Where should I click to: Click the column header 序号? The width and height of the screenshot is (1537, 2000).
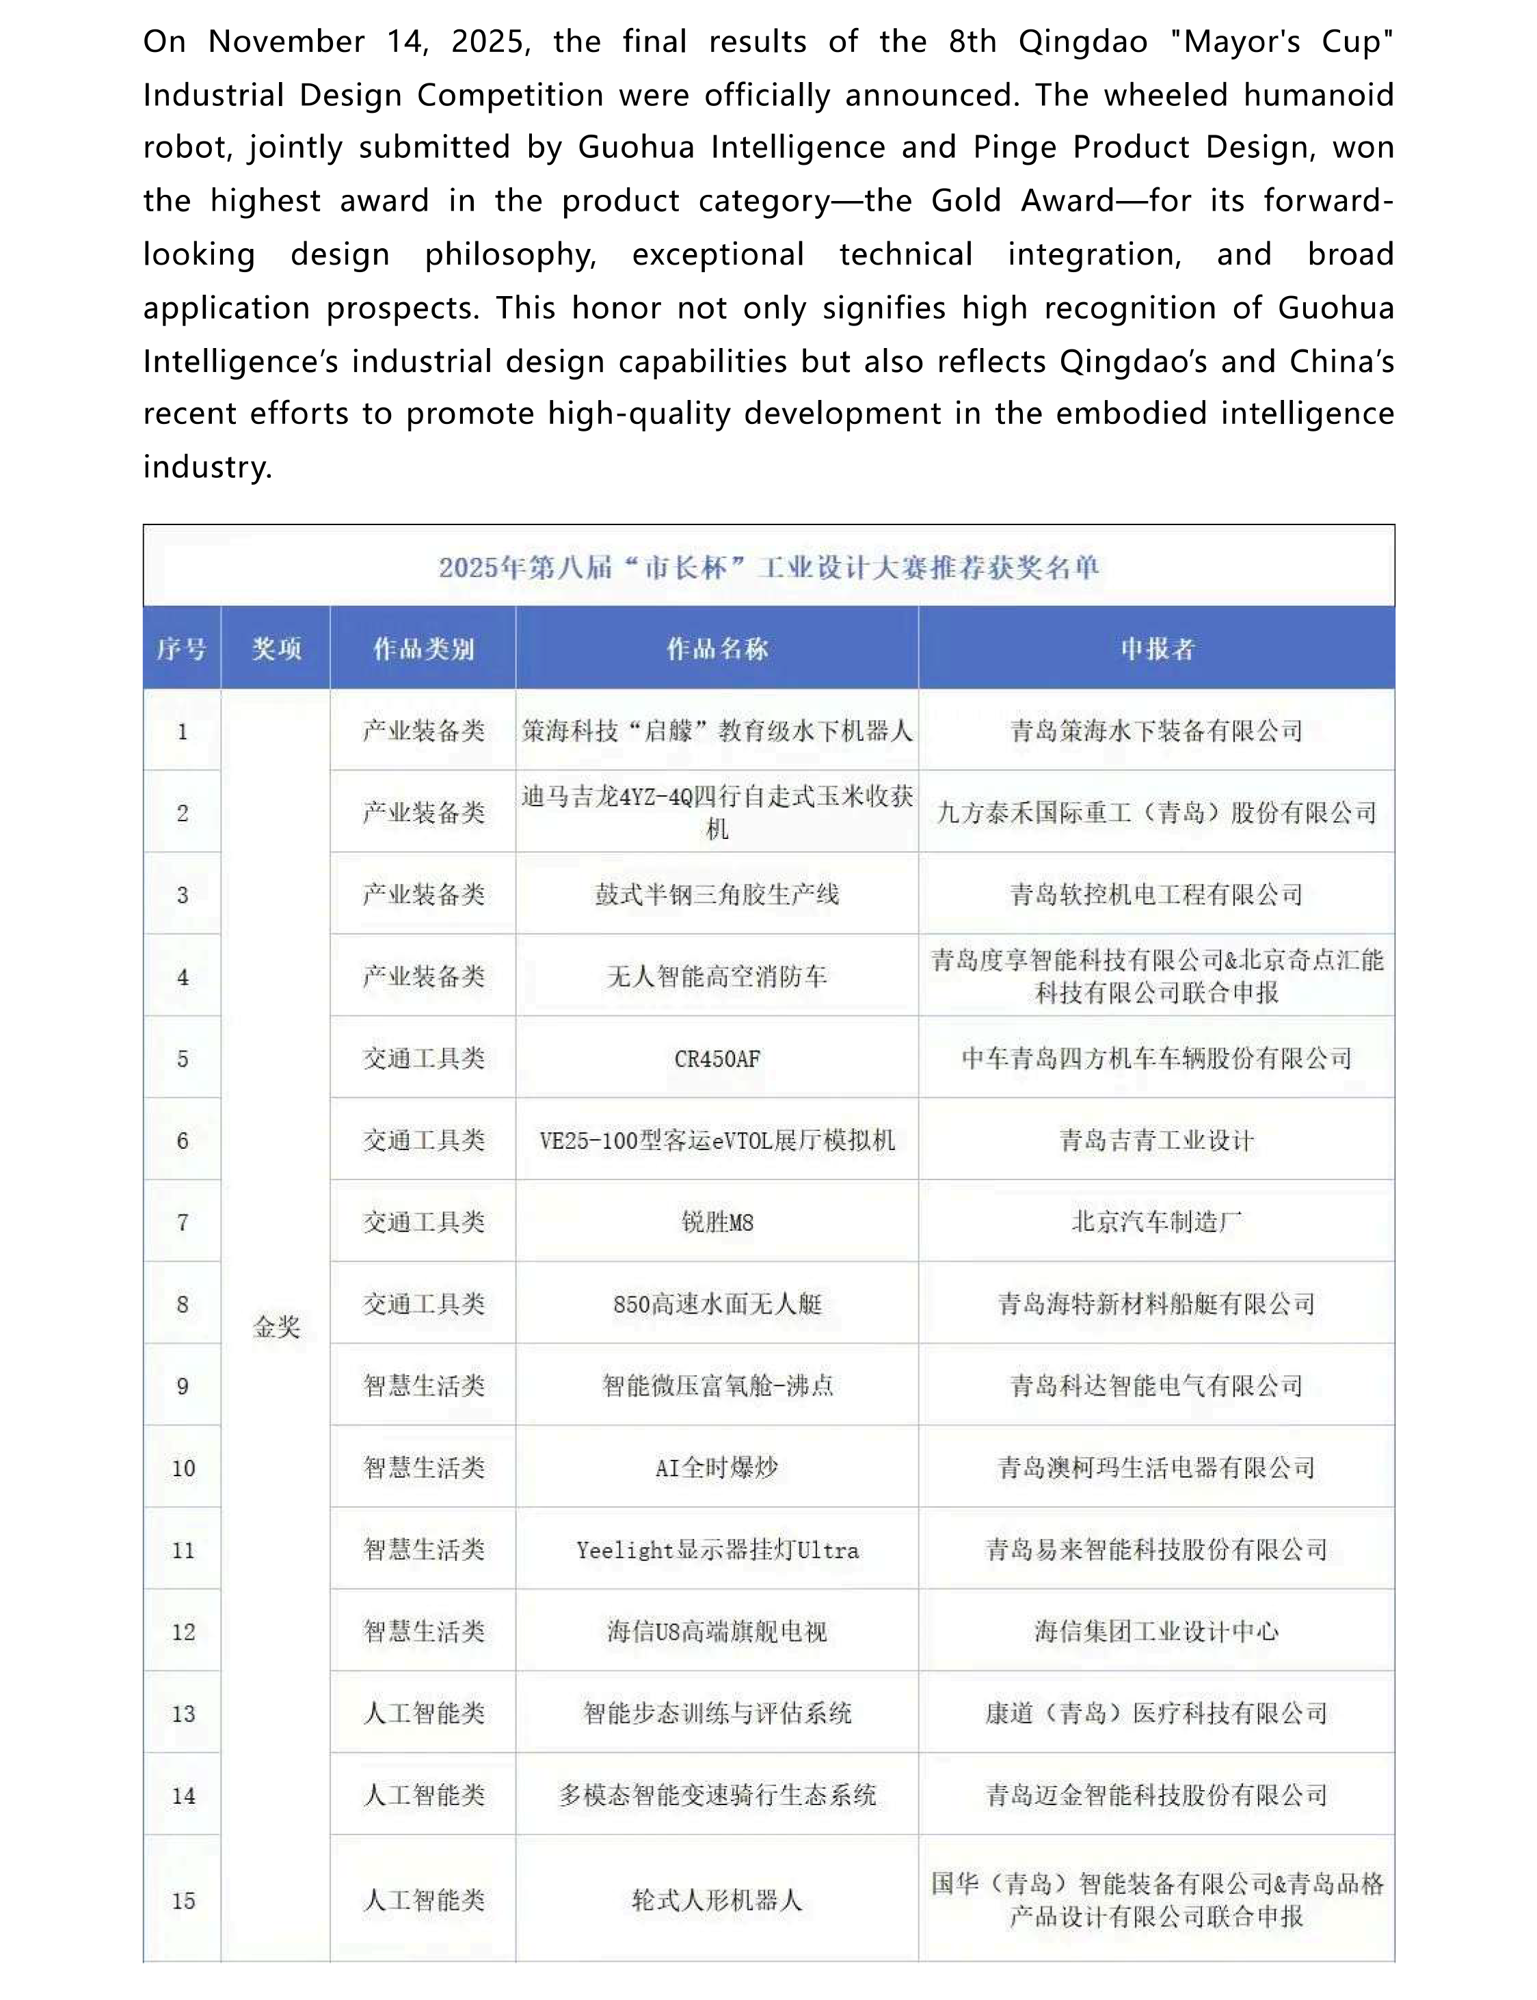(x=181, y=649)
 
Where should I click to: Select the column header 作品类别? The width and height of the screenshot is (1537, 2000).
(x=423, y=649)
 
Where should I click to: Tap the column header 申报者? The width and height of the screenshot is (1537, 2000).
(x=1156, y=649)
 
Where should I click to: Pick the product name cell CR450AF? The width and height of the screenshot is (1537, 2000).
(x=717, y=1058)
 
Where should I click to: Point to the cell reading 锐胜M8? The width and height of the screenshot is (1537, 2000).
(x=717, y=1223)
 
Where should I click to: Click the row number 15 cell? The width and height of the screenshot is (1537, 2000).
(x=183, y=1900)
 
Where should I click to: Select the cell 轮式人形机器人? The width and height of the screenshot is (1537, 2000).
(x=717, y=1900)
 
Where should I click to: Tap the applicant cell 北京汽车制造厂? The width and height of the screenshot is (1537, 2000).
(x=1156, y=1223)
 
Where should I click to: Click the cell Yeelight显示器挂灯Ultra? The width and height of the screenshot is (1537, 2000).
(x=717, y=1550)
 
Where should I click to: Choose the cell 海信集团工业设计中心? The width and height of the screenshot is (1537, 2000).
(x=1156, y=1631)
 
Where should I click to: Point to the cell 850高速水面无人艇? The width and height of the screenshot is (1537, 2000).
(x=717, y=1304)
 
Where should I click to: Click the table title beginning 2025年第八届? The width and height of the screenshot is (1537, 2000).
(x=768, y=568)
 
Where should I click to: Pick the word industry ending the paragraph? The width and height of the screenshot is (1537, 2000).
(x=206, y=466)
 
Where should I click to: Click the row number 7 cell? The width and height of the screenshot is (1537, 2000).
(x=183, y=1223)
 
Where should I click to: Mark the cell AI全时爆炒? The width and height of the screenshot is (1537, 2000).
(x=717, y=1467)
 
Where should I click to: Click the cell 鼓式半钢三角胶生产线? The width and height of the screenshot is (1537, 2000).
(x=717, y=894)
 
